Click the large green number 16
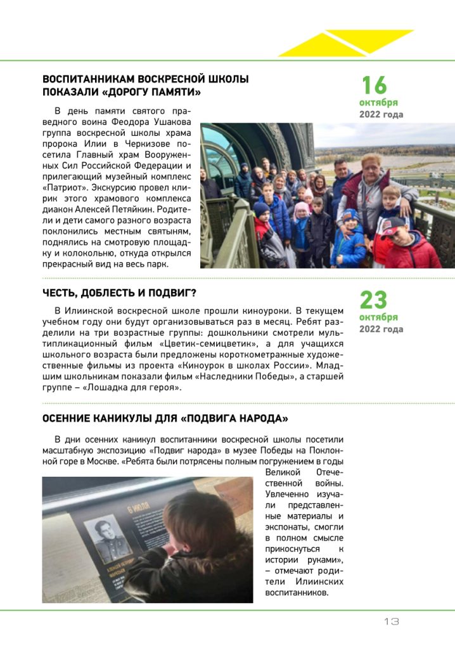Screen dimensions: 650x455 pos(374,85)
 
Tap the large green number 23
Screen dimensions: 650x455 pos(374,300)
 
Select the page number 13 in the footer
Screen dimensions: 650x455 pos(391,621)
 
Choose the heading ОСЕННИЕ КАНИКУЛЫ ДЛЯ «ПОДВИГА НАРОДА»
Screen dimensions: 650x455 pos(165,419)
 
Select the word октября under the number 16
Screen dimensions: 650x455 pos(378,103)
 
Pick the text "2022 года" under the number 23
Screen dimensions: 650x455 pos(381,329)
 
